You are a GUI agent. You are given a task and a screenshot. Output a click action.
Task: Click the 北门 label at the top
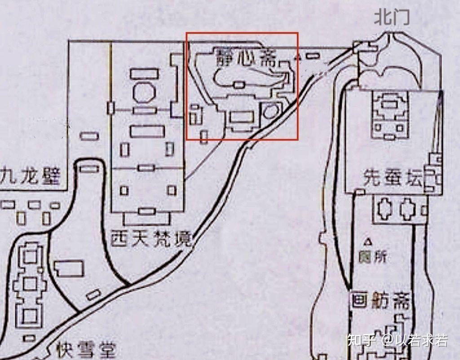(392, 18)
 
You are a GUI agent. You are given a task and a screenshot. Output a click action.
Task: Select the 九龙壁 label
(31, 176)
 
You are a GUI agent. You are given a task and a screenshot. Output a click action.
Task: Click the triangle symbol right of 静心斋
(297, 57)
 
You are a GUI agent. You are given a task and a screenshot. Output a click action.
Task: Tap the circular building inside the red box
(270, 111)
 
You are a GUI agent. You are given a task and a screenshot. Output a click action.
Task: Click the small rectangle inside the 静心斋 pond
(239, 84)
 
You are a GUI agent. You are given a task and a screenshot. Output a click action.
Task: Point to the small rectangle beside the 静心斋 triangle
(313, 56)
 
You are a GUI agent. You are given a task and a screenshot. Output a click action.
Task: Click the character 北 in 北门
(383, 18)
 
